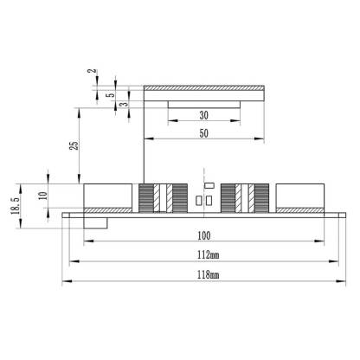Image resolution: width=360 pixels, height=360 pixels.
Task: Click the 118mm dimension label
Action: (208, 274)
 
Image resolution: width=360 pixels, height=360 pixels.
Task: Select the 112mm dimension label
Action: (208, 254)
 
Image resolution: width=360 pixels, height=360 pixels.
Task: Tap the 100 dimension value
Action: (204, 235)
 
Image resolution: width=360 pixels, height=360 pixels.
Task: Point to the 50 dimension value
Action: (204, 133)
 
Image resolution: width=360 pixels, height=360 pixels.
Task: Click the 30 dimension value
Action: (204, 115)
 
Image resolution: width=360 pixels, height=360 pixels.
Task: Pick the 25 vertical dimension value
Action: (74, 145)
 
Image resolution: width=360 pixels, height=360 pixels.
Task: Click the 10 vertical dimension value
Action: (42, 196)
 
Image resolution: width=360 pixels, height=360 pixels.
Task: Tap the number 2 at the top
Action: (92, 71)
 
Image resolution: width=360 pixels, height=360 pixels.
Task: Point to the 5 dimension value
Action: (111, 94)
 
